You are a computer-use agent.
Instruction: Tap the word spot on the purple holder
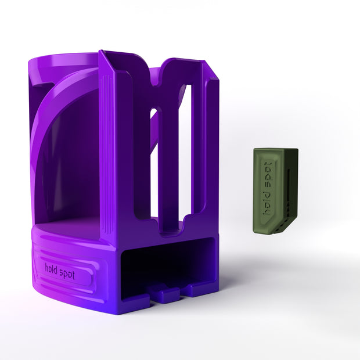pos(67,273)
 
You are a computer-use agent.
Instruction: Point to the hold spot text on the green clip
pos(268,188)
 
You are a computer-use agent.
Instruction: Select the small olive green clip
pos(276,191)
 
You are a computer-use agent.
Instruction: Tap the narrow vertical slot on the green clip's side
pos(289,188)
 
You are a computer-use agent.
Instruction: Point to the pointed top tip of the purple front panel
pos(100,51)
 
